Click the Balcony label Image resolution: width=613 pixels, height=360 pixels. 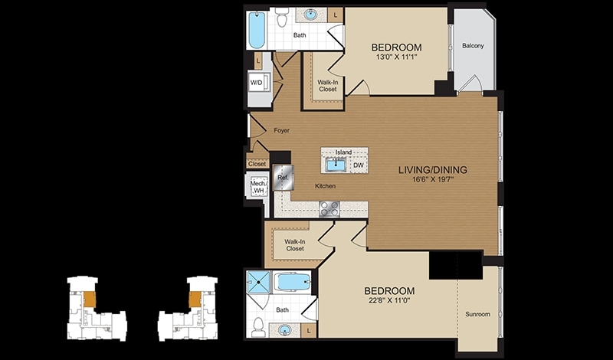tap(473, 46)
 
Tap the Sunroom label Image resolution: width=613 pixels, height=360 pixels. tap(477, 314)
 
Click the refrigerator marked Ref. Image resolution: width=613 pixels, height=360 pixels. tap(283, 178)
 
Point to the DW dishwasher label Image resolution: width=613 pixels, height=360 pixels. tap(358, 165)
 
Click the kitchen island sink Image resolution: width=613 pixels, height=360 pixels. tap(336, 165)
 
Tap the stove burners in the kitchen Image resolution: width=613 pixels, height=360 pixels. tap(329, 209)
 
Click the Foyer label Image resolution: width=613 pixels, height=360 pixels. tap(281, 130)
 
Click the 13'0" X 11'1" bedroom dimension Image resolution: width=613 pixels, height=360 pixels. tap(396, 57)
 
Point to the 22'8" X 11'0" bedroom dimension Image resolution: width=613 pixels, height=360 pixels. tap(389, 300)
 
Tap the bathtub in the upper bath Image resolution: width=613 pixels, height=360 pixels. tap(257, 30)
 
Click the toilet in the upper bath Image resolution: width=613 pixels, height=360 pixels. tap(281, 17)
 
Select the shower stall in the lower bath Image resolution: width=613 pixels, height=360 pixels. tap(258, 282)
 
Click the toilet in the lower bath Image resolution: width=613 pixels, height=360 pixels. tap(258, 327)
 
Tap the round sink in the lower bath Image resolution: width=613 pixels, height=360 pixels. tap(284, 330)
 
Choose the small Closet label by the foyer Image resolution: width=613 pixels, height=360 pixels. tap(257, 164)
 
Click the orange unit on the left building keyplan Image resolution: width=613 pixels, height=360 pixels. tap(90, 299)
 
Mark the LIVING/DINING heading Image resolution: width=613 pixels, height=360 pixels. tap(433, 170)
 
